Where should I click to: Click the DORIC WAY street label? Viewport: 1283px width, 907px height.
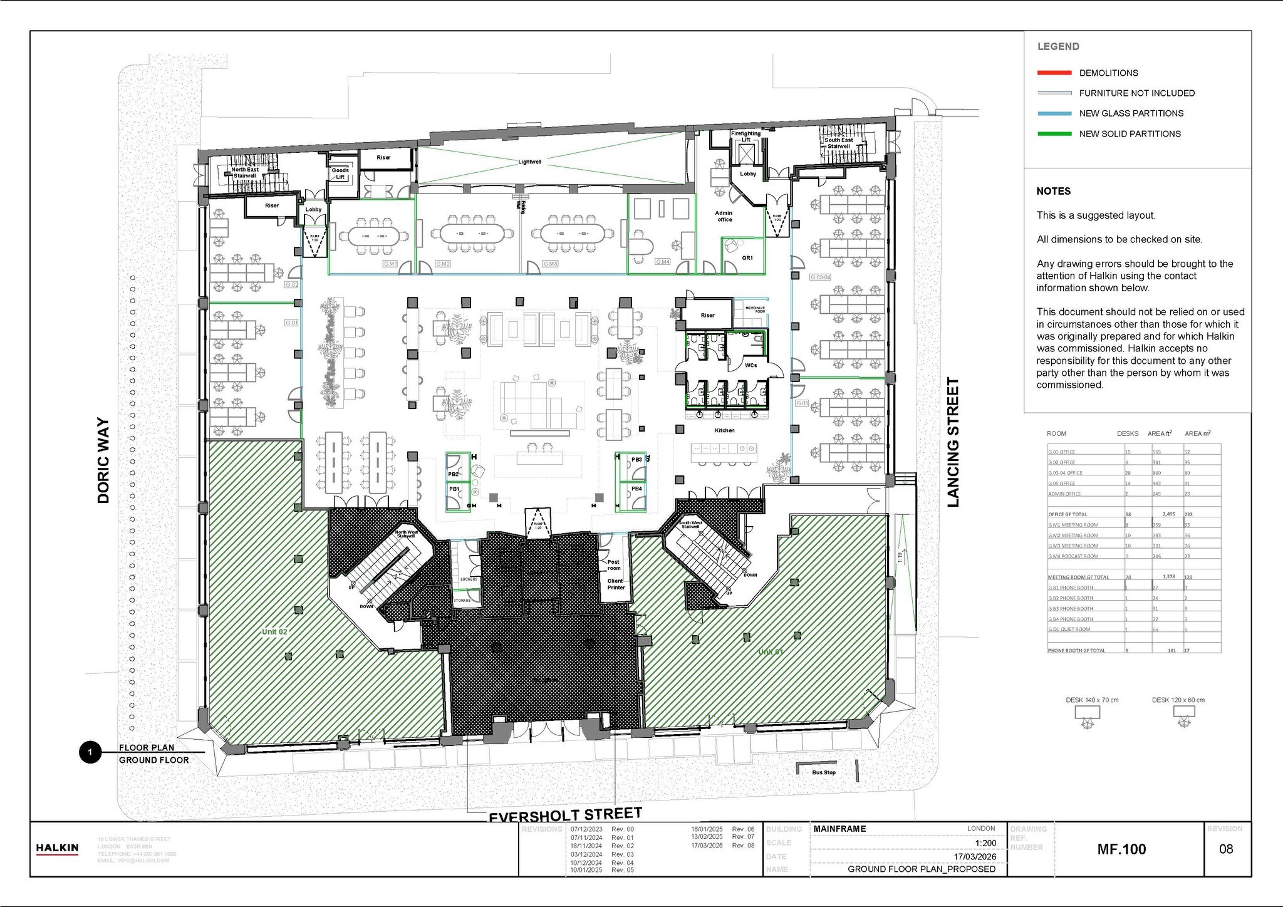click(103, 460)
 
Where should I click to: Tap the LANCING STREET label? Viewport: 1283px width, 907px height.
click(953, 442)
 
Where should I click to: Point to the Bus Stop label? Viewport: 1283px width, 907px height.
click(824, 772)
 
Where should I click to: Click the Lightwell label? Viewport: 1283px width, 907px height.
click(529, 162)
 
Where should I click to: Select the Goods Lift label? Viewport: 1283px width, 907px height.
click(340, 174)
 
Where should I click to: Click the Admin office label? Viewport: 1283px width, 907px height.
click(724, 216)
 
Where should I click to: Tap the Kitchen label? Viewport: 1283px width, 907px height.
click(725, 430)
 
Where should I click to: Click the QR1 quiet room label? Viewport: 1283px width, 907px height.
click(747, 258)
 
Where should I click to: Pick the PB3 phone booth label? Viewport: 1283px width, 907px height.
click(636, 460)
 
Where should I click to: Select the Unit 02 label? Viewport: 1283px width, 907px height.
click(274, 631)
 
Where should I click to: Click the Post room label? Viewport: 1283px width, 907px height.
click(614, 565)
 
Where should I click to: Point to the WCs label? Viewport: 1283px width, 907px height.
click(751, 365)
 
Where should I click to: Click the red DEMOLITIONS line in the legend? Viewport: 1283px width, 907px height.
click(1054, 73)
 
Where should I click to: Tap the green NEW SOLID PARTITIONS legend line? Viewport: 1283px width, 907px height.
click(1054, 134)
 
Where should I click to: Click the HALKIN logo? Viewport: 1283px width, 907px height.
click(57, 849)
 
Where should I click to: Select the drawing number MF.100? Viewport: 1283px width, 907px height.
click(1121, 849)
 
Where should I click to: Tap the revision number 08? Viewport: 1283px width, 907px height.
click(1226, 849)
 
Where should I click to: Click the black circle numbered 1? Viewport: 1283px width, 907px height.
click(90, 752)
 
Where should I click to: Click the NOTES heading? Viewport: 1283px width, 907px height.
click(1053, 191)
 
